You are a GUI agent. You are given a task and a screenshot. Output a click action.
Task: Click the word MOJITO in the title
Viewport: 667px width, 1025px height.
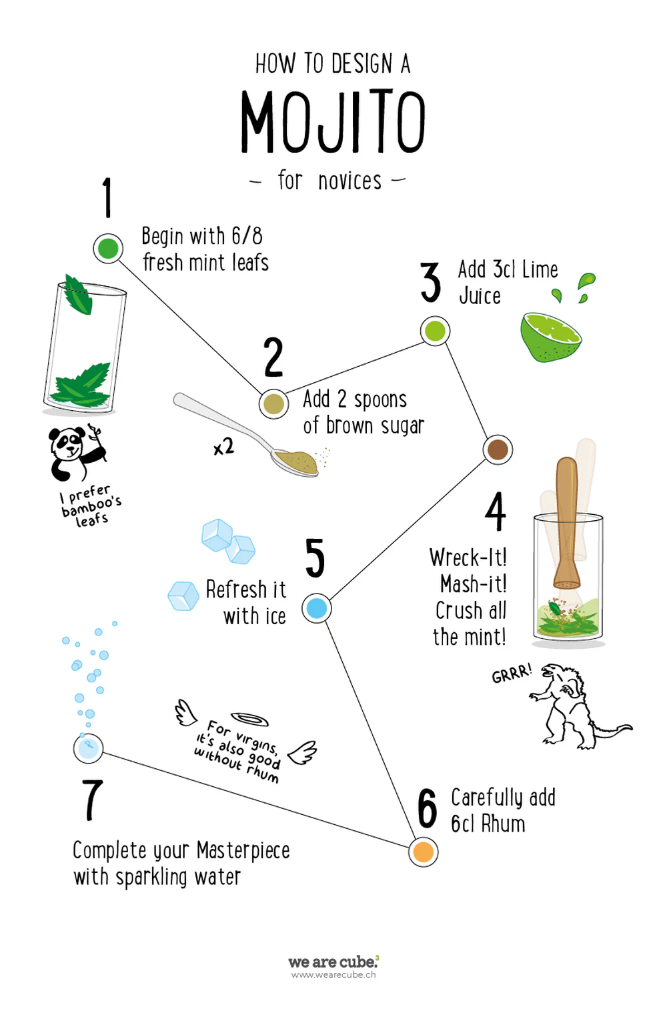point(333,121)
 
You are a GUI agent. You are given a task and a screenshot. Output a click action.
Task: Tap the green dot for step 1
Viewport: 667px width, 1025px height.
point(108,249)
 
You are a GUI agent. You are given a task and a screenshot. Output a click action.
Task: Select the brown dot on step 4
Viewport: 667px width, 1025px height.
point(498,449)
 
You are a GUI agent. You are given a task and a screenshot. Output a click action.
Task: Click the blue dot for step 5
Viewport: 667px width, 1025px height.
point(316,608)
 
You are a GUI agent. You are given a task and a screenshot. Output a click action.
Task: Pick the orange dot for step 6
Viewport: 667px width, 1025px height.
point(423,852)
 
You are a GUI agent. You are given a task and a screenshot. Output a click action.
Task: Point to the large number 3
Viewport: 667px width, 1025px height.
point(430,282)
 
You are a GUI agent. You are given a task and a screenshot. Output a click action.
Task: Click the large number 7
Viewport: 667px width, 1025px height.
point(93,800)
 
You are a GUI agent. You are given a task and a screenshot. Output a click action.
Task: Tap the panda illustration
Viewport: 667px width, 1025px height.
point(77,453)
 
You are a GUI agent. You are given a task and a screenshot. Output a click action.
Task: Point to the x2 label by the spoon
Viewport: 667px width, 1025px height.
point(224,447)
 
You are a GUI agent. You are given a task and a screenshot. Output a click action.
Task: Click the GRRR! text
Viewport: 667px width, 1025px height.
point(512,673)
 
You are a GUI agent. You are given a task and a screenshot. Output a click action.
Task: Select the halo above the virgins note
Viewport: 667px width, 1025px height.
point(249,719)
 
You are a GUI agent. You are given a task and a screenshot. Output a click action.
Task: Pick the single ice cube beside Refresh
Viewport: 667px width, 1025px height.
point(183,596)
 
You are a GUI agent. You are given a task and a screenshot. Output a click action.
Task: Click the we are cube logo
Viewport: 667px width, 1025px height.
point(333,962)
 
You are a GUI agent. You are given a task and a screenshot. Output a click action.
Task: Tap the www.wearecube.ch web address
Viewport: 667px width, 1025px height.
point(333,975)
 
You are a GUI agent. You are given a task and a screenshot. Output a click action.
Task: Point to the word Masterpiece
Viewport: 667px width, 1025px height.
point(243,851)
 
